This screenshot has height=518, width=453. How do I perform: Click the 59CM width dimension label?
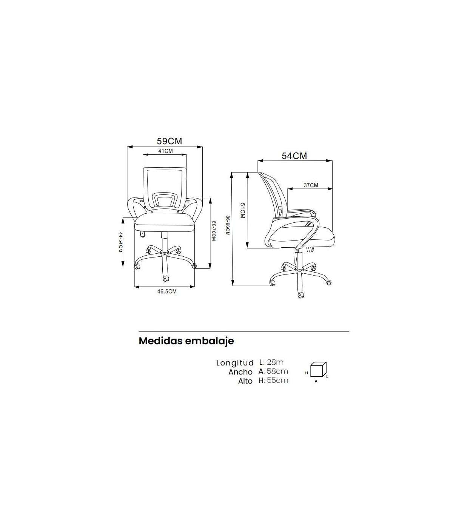pos(169,141)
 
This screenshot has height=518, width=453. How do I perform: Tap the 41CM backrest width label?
pos(165,151)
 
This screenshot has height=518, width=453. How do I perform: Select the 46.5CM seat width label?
pos(167,291)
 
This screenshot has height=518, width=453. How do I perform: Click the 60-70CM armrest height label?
pos(214,231)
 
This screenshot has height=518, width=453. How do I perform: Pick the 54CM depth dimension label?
pos(294,156)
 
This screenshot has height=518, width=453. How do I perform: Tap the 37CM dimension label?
pos(311,185)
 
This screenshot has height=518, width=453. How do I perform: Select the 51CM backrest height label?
pos(242,210)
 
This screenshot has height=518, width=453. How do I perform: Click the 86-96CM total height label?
pos(228,226)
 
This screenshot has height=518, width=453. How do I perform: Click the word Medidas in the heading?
pos(161,341)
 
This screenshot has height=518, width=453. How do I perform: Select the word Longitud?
pos(235,363)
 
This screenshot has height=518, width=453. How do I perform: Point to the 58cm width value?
pos(277,372)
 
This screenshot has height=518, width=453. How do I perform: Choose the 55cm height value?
pos(277,381)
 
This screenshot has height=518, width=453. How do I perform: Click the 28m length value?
pos(275,362)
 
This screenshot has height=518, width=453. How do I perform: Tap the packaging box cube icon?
pos(318,369)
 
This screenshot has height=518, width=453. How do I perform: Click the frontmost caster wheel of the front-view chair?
pos(165,278)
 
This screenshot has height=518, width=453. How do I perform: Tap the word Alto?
pos(245,381)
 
